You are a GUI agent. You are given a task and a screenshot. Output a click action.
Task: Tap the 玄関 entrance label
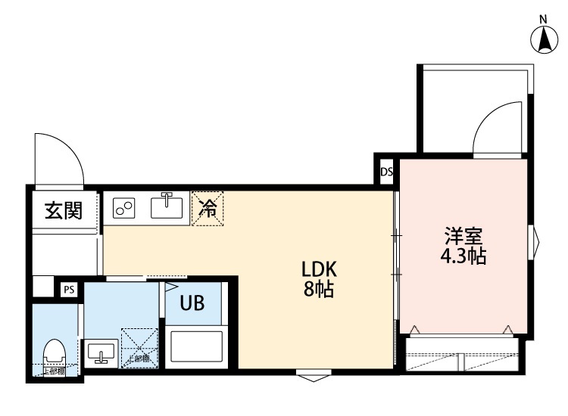pyautogui.click(x=62, y=210)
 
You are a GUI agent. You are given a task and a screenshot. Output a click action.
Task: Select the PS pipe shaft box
pyautogui.click(x=69, y=289)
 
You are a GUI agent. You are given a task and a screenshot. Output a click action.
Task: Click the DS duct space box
pyautogui.click(x=386, y=171)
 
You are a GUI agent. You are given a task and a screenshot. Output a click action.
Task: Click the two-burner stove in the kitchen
pyautogui.click(x=125, y=207)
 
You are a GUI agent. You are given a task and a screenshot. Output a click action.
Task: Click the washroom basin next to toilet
pyautogui.click(x=101, y=353)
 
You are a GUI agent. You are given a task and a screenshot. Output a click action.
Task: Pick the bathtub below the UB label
pyautogui.click(x=195, y=347)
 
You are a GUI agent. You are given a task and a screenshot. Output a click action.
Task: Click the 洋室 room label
pyautogui.click(x=463, y=236)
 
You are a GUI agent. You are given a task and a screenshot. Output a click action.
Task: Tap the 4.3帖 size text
pyautogui.click(x=463, y=256)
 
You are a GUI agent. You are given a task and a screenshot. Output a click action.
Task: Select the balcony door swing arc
pyautogui.click(x=496, y=129)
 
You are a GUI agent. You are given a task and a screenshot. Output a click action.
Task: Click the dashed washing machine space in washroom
pyautogui.click(x=139, y=348)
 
